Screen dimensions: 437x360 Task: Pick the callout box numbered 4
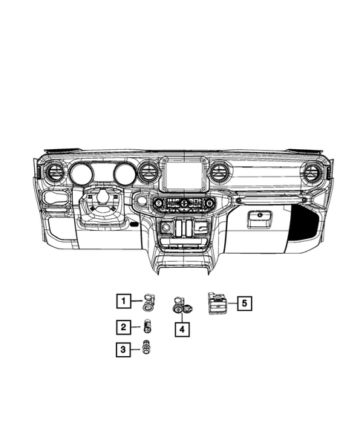[180, 327]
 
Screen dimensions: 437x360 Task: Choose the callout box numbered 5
[243, 302]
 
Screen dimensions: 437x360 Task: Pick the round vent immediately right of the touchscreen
[219, 174]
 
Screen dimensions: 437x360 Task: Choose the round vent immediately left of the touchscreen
[148, 176]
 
